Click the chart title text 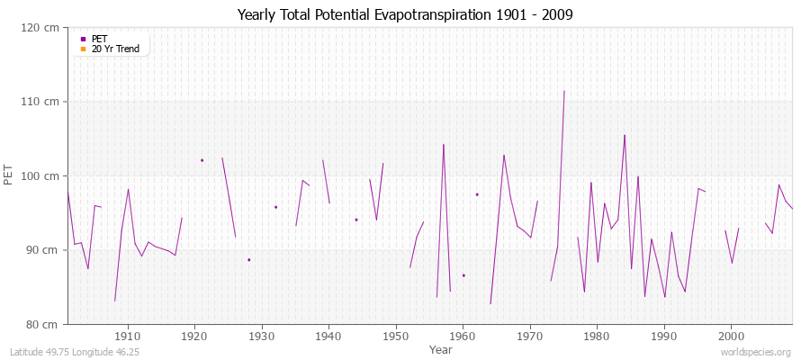coord(405,14)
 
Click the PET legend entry coord(99,39)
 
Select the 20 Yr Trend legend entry coord(115,49)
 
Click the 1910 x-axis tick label coord(128,336)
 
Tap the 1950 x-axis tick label coord(396,336)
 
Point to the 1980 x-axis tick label coord(597,336)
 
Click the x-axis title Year coord(441,348)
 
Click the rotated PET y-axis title coord(10,175)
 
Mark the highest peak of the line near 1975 coord(564,91)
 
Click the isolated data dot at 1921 coord(202,160)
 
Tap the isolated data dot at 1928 coord(248,259)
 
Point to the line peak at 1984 coord(625,135)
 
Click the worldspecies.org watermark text coord(757,352)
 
